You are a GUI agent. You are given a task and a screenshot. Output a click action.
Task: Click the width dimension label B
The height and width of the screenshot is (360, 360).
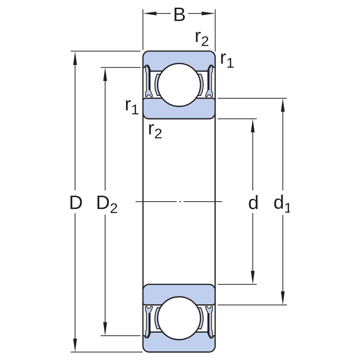(x=179, y=15)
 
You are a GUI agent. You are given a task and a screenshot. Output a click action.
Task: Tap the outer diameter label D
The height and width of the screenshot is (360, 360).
(x=76, y=203)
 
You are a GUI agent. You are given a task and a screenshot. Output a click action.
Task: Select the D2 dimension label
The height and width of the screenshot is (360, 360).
(x=107, y=204)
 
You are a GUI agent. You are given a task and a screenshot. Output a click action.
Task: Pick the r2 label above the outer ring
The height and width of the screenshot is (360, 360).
(x=202, y=38)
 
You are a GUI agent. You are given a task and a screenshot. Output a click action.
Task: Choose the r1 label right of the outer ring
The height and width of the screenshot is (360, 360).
(x=227, y=60)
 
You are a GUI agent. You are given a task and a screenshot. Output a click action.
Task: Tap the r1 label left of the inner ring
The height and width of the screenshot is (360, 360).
(x=132, y=107)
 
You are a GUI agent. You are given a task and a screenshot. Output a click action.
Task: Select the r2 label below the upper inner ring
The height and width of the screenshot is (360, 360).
(x=155, y=131)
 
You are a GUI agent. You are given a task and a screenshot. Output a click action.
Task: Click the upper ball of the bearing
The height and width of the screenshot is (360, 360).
(x=179, y=85)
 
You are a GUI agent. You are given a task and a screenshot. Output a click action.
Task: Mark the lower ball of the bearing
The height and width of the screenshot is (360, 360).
(x=179, y=318)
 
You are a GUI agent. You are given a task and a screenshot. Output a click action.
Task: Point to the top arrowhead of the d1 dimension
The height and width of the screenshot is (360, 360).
(x=283, y=105)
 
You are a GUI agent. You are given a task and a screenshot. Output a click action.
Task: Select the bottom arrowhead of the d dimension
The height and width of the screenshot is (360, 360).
(x=253, y=277)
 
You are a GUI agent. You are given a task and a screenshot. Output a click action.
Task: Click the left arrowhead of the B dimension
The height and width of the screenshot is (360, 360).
(x=150, y=14)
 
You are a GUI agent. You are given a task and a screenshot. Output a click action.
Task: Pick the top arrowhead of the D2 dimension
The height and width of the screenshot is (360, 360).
(x=105, y=74)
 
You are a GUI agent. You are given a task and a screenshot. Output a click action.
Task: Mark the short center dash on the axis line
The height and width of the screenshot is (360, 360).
(x=180, y=202)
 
